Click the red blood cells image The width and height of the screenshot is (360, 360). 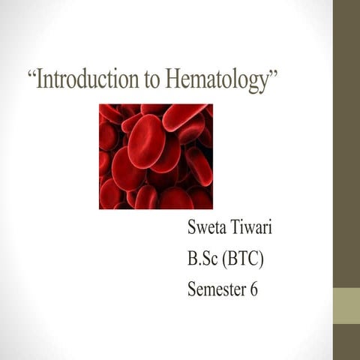pyautogui.click(x=156, y=156)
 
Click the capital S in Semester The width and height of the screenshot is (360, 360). pyautogui.click(x=193, y=290)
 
